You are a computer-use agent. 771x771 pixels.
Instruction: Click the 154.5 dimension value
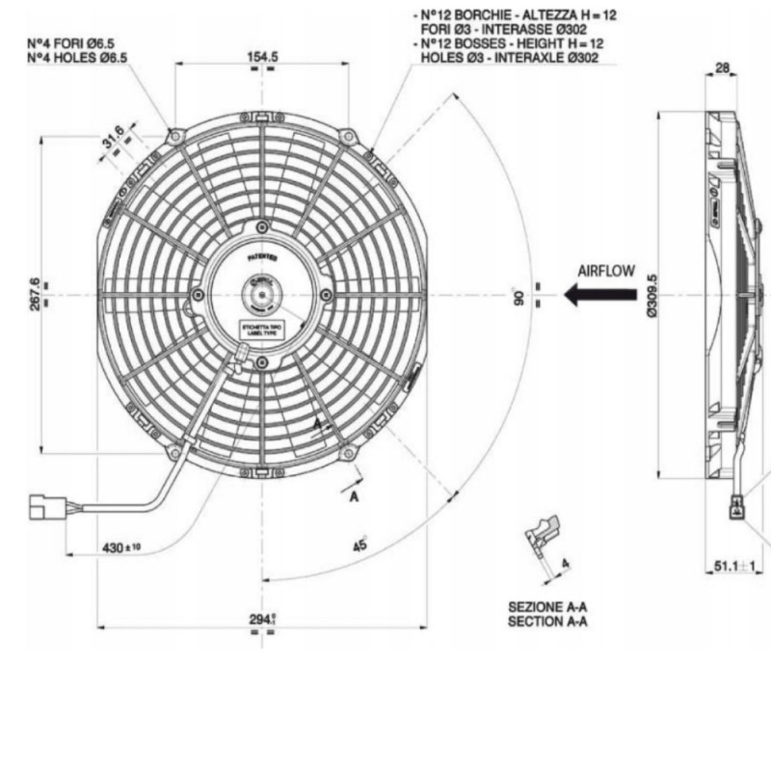click(262, 57)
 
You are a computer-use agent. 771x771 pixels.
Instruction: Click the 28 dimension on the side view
click(721, 68)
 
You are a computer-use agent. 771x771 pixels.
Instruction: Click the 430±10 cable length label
click(121, 547)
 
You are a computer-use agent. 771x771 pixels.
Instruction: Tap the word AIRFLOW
click(606, 271)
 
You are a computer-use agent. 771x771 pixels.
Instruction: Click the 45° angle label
click(361, 545)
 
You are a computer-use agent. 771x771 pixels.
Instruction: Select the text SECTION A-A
click(547, 622)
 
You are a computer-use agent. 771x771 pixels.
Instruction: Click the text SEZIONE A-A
click(547, 608)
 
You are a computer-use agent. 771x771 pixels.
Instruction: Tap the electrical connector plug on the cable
click(43, 505)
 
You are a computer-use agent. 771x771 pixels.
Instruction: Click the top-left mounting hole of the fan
click(174, 136)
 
